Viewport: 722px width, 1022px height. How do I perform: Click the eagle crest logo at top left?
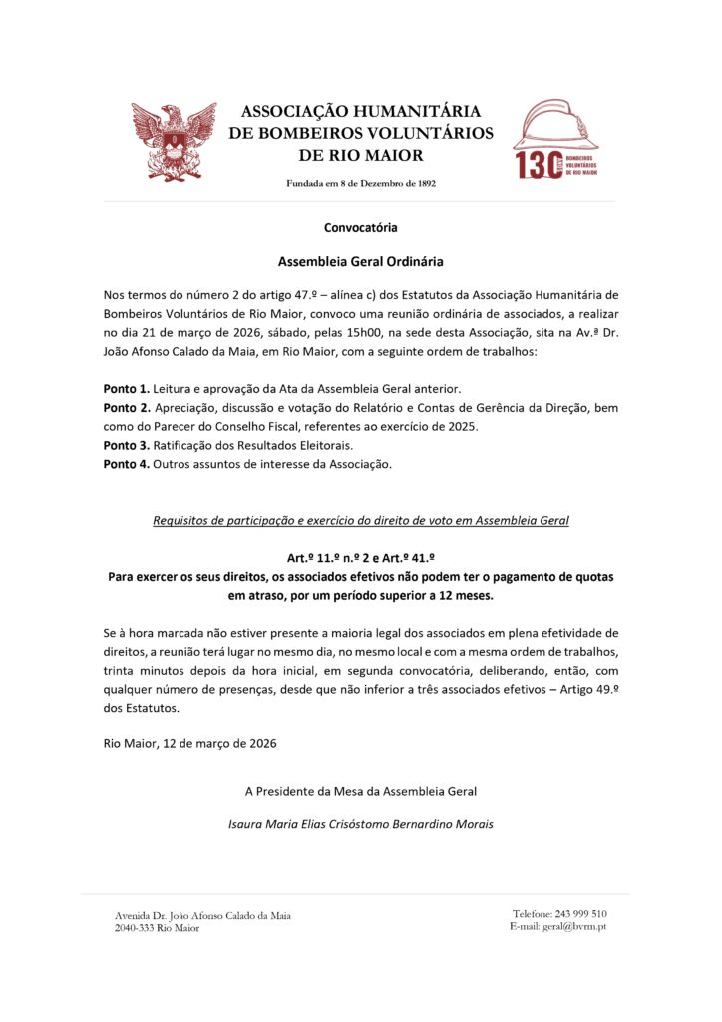click(174, 141)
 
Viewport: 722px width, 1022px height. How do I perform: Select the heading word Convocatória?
click(360, 228)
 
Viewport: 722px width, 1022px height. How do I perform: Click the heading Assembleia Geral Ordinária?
click(360, 262)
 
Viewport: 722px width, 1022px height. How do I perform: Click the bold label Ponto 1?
click(126, 387)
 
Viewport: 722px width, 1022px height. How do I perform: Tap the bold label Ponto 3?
click(126, 444)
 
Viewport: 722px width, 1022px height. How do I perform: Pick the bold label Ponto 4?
click(126, 465)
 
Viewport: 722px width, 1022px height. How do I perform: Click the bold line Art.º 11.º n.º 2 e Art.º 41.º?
click(360, 559)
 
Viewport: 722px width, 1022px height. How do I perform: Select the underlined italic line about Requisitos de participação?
click(360, 521)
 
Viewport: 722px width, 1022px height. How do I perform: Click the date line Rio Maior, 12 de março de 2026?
click(189, 743)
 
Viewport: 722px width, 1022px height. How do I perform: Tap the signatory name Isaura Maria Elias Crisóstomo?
click(360, 824)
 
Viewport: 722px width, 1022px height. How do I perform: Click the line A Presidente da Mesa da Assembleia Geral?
click(360, 791)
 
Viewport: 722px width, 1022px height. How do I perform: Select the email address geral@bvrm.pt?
click(574, 926)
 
